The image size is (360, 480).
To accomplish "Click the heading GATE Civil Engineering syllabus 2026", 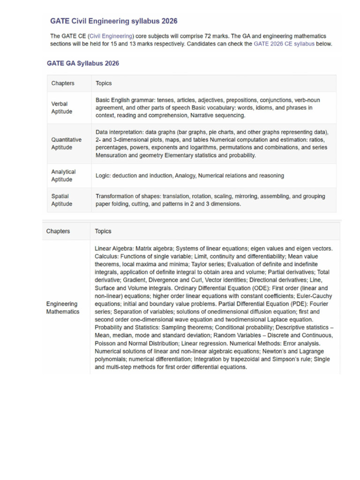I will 113,21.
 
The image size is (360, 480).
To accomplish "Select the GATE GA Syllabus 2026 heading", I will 83,63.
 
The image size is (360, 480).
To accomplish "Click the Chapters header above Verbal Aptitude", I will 63,83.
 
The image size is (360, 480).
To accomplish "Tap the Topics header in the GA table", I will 104,83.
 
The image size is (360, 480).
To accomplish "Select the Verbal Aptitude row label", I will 62,108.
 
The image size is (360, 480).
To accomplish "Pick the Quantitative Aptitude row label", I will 66,143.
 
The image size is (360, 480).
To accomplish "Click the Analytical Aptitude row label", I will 63,176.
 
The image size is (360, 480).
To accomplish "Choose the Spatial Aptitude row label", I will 61,200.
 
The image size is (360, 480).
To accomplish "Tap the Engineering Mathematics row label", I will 63,307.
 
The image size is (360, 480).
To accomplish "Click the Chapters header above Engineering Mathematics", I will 58,231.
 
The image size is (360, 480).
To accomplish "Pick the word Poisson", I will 106,344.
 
